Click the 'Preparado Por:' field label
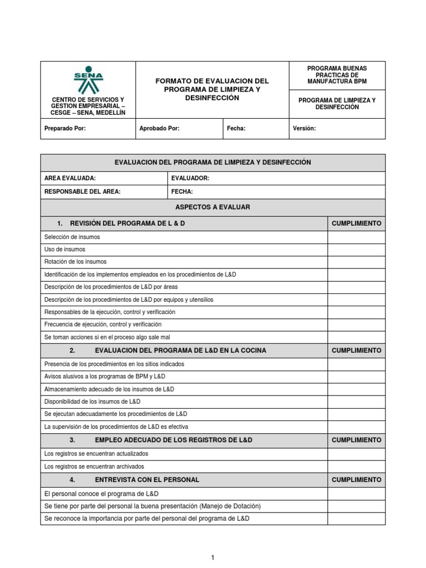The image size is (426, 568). coord(65,128)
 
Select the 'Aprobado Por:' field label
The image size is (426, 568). coord(159,128)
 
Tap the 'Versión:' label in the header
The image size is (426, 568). coord(304,128)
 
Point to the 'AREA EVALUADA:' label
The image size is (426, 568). coord(70,178)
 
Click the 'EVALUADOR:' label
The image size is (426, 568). coord(190,178)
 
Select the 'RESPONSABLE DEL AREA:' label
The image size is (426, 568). coord(82,191)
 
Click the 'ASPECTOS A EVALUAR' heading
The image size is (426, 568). coord(212,207)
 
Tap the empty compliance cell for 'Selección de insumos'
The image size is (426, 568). coord(356,237)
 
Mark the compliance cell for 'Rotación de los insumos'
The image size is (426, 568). coord(356,262)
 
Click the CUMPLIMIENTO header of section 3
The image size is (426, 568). coord(356,440)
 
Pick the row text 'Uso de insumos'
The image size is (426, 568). coord(64,250)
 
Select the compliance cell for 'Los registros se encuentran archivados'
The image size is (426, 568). coord(356,466)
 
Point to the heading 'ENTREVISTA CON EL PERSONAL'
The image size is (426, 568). coord(147,479)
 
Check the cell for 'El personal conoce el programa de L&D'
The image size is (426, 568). coord(356,493)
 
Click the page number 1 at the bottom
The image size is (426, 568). coord(212,542)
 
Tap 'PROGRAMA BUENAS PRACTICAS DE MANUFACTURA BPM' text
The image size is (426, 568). coord(337,75)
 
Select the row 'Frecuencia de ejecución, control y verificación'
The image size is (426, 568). coord(103,324)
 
